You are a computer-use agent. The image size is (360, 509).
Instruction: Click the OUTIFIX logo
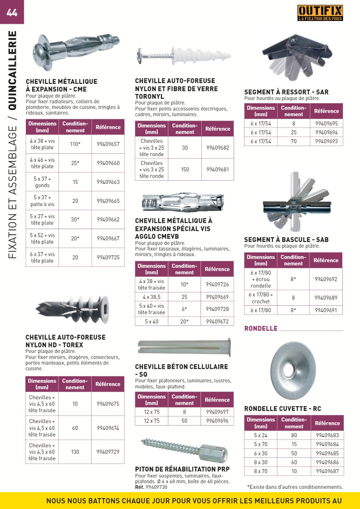click(x=320, y=13)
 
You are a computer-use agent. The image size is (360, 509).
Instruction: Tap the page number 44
click(x=12, y=13)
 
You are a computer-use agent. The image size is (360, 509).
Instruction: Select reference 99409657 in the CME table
click(x=108, y=144)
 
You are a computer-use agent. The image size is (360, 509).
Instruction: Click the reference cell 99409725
click(x=108, y=257)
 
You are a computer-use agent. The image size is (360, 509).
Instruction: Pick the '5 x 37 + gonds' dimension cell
click(x=42, y=182)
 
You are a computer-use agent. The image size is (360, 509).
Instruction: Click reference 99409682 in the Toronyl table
click(x=218, y=148)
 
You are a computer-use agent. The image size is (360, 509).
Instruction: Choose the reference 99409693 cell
click(x=326, y=141)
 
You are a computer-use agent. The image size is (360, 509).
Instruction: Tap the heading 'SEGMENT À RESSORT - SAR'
click(x=286, y=92)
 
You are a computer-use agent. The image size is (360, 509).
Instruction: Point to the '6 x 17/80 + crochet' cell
click(x=261, y=298)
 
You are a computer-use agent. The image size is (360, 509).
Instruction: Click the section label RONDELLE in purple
click(x=261, y=328)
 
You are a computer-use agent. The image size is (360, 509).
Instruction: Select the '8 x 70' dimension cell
click(x=261, y=471)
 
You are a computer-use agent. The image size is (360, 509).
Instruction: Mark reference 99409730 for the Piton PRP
click(x=156, y=487)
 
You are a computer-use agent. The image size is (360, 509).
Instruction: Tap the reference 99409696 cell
click(x=217, y=421)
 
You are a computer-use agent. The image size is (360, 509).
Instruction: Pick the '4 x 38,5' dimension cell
click(x=152, y=297)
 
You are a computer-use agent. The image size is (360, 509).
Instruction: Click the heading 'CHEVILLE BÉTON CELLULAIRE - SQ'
click(x=181, y=370)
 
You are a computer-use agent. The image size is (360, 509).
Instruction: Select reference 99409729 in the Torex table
click(x=108, y=452)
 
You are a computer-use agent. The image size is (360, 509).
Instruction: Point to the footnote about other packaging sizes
click(x=295, y=487)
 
